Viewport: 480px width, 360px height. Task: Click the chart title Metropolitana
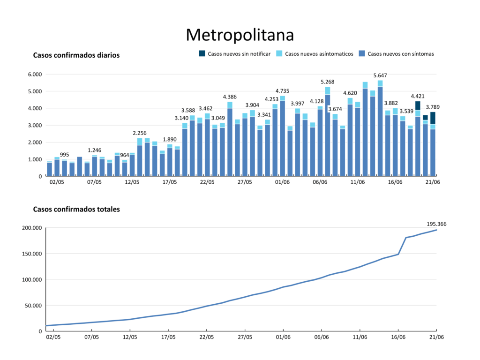[x=240, y=34]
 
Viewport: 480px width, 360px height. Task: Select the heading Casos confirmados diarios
[x=76, y=55]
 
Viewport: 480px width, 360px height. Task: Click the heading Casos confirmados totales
[x=76, y=209]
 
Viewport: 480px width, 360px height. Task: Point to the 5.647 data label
[x=380, y=75]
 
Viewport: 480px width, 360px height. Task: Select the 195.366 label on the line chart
[x=436, y=224]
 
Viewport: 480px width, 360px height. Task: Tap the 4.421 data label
[x=418, y=97]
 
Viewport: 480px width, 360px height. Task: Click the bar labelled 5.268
[x=328, y=131]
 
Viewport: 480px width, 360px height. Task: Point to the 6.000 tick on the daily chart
[x=35, y=74]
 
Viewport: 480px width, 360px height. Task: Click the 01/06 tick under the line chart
[x=283, y=337]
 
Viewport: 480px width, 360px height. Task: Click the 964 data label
[x=124, y=155]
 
